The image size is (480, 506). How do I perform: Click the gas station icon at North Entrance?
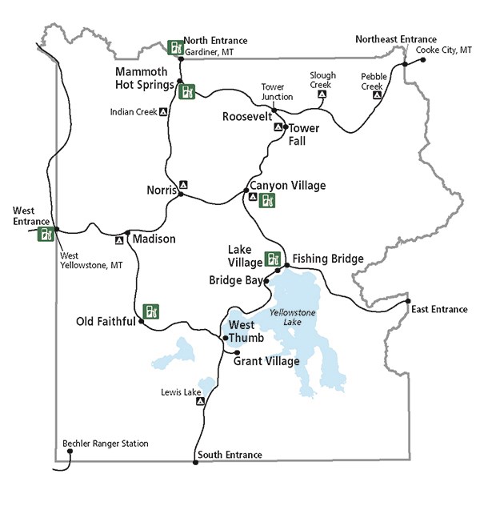[x=174, y=46]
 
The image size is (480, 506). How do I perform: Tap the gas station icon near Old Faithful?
[x=150, y=310]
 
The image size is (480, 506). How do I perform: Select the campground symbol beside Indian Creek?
[x=163, y=112]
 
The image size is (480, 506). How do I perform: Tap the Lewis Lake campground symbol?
[x=201, y=401]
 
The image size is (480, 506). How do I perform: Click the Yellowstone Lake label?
[x=292, y=318]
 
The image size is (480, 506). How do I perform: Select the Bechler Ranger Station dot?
[x=70, y=452]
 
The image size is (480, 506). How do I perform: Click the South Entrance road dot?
[x=195, y=462]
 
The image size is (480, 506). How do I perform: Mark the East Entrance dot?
[x=408, y=301]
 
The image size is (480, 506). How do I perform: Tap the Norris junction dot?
[x=182, y=194]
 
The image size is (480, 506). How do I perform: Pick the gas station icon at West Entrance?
[x=46, y=235]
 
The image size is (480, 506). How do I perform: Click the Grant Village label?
[x=266, y=361]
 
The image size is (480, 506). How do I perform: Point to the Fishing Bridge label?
[x=328, y=259]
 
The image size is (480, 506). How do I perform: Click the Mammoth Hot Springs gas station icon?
[x=187, y=91]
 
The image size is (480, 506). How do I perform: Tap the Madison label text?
[x=154, y=239]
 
